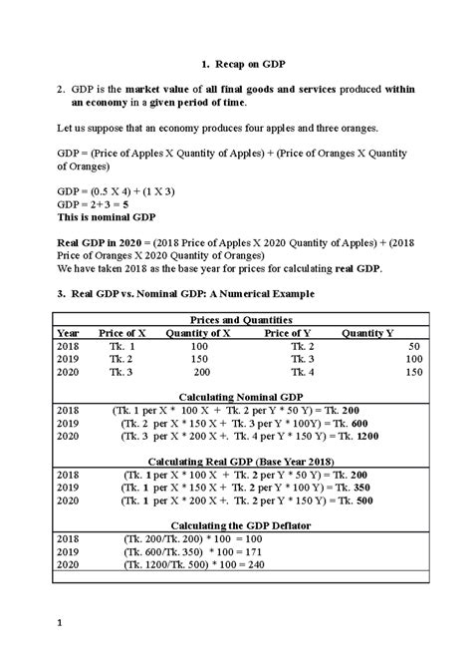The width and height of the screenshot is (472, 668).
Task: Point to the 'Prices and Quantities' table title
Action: coord(236,318)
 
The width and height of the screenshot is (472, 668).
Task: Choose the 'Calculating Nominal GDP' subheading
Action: coord(236,397)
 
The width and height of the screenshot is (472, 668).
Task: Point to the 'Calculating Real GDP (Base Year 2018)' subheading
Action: coord(236,462)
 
